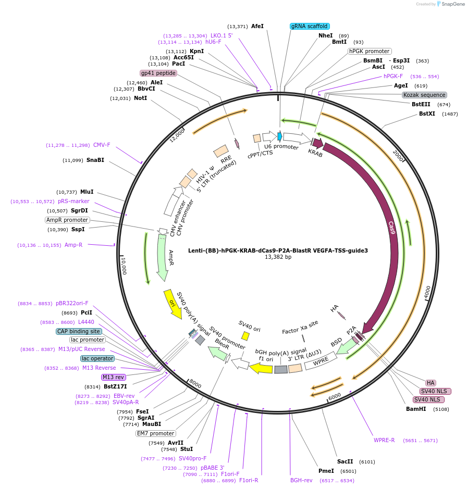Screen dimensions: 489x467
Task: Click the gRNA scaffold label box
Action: pyautogui.click(x=310, y=26)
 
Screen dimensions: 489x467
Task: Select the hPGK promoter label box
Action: pyautogui.click(x=370, y=51)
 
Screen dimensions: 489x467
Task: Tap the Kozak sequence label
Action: pyautogui.click(x=424, y=95)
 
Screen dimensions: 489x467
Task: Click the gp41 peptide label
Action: pyautogui.click(x=158, y=73)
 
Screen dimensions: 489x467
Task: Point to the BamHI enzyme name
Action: pyautogui.click(x=416, y=409)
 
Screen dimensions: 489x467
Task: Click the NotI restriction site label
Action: pyautogui.click(x=140, y=98)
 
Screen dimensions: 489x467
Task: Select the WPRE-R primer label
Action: pyautogui.click(x=384, y=440)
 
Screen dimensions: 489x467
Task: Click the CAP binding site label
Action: pyautogui.click(x=79, y=331)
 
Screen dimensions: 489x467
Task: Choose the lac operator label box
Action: pyautogui.click(x=97, y=358)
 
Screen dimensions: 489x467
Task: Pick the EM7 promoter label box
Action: pyautogui.click(x=155, y=433)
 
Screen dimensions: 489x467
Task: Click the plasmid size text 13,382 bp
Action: pyautogui.click(x=278, y=257)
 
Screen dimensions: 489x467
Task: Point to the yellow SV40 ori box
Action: pyautogui.click(x=245, y=336)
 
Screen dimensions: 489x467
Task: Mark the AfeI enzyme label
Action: pyautogui.click(x=257, y=26)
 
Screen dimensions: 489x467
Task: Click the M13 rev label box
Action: pyautogui.click(x=114, y=377)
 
